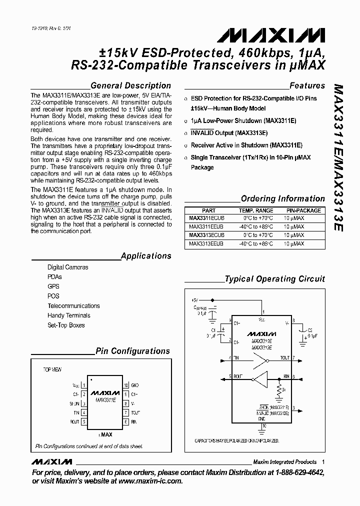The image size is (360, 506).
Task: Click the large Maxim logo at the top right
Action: pos(271,35)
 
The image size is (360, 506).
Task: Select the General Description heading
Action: pos(130,85)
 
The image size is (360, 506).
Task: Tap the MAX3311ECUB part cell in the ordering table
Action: pos(206,218)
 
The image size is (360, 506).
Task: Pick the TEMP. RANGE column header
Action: pos(256,210)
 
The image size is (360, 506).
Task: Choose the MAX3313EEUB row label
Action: pos(206,243)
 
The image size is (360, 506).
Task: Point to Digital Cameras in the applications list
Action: pos(67,267)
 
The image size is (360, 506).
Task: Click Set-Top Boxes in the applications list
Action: pos(66,325)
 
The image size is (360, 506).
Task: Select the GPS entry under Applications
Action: pos(53,286)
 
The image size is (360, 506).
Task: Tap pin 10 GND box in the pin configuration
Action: pos(126,385)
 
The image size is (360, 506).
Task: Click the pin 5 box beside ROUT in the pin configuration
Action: pos(84,422)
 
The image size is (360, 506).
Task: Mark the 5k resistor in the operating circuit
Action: pos(279,389)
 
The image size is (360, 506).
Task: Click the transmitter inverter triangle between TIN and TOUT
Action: pos(261,358)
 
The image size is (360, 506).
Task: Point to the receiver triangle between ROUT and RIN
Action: pos(261,376)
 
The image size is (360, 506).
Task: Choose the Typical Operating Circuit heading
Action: pos(274,279)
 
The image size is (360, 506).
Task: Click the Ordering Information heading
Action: pos(282,198)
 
